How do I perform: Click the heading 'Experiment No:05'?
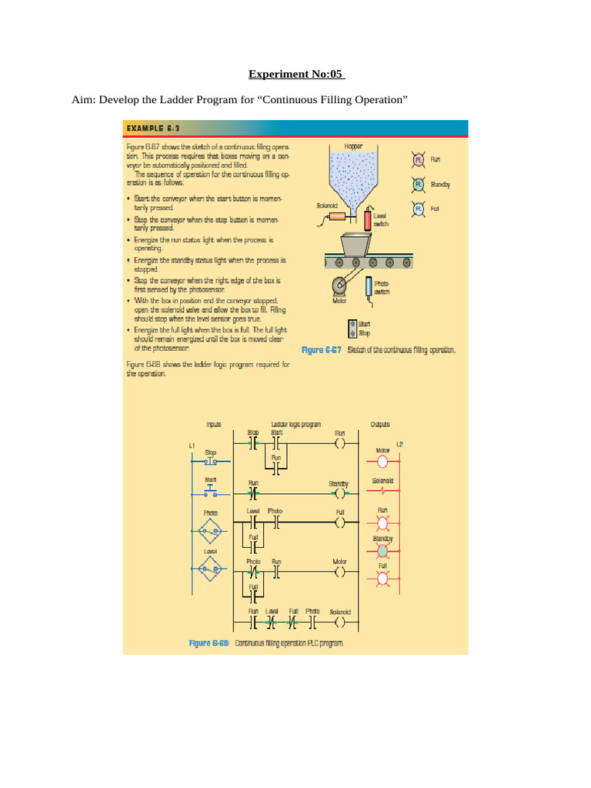(x=296, y=75)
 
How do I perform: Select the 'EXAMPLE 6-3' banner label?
(x=153, y=128)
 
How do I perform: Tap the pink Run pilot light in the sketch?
(x=419, y=159)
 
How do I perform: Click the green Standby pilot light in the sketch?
(x=419, y=184)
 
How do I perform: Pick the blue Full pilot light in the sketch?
(x=419, y=209)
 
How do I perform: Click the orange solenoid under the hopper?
(x=337, y=219)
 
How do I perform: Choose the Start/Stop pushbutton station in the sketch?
(x=352, y=329)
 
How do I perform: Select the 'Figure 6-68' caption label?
(x=210, y=643)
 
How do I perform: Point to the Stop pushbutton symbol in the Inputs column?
(x=211, y=462)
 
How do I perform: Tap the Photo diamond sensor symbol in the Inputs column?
(x=211, y=530)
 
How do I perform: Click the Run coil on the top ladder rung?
(x=339, y=443)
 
